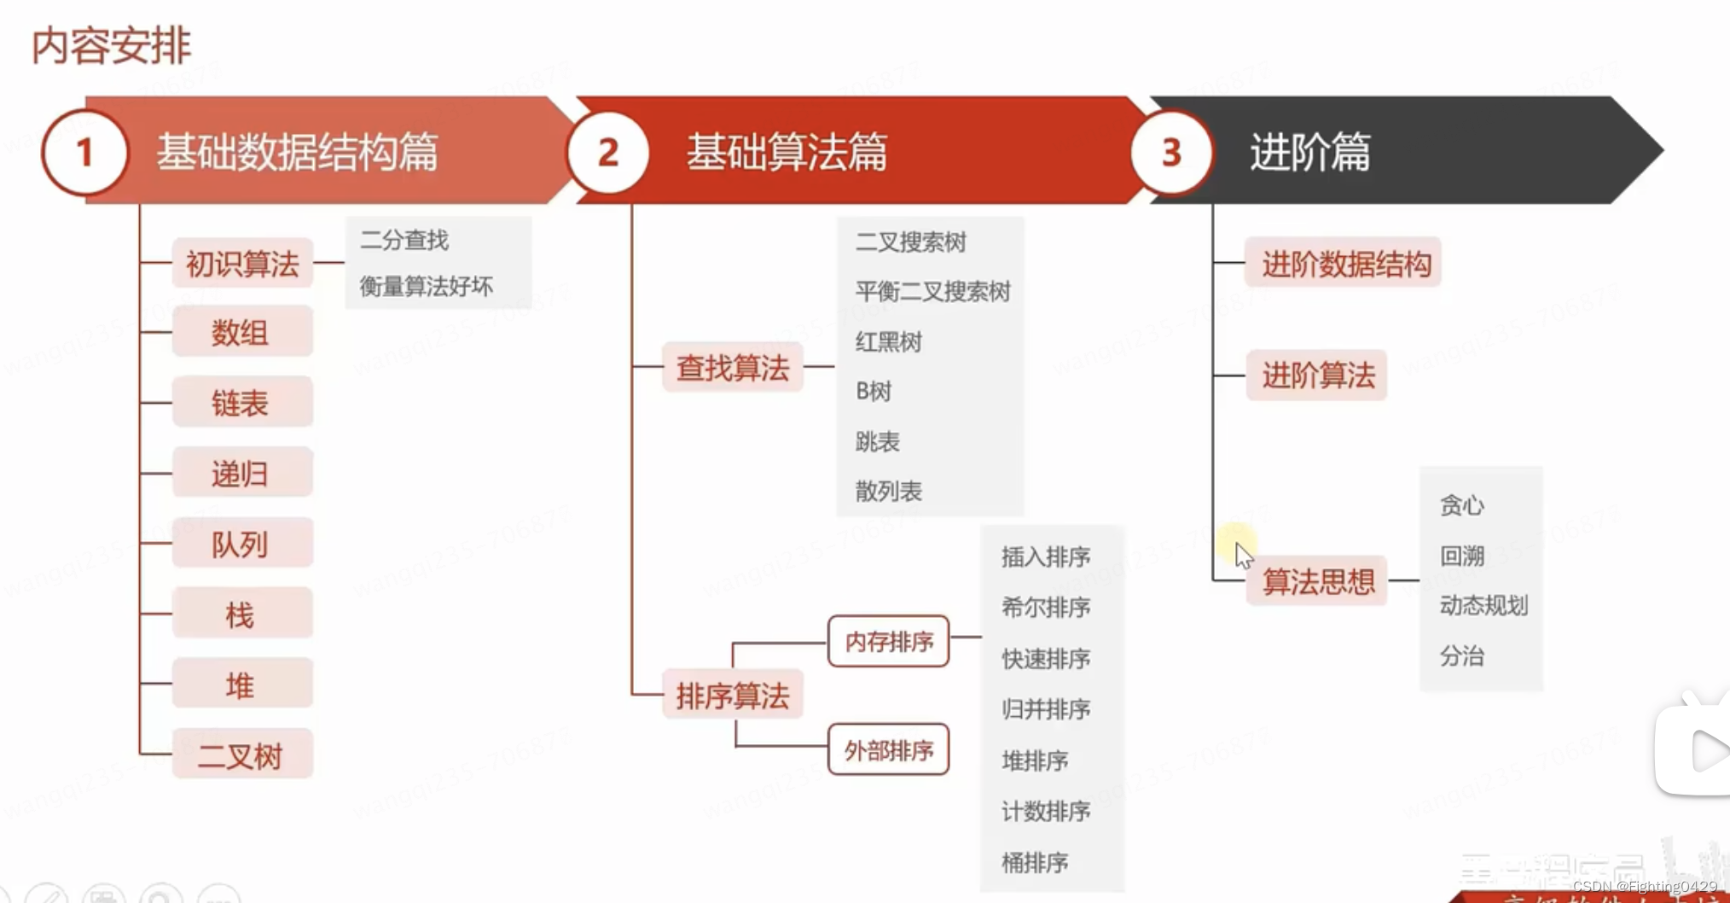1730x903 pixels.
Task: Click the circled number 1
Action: (84, 153)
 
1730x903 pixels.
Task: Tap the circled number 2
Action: (607, 153)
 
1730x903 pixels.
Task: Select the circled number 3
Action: (1170, 153)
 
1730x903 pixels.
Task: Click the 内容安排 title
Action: (111, 45)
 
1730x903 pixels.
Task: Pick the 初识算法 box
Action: (242, 264)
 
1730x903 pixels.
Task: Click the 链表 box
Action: (242, 403)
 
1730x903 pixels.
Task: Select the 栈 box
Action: (242, 615)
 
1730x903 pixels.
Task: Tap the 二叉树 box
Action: (242, 755)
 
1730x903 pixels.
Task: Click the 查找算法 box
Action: (733, 368)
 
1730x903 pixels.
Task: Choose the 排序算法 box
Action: (733, 696)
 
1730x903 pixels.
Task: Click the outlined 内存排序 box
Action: (888, 641)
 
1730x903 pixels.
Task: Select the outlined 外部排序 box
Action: (888, 750)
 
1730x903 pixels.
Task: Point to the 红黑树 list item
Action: (888, 342)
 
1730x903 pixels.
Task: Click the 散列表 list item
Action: (888, 492)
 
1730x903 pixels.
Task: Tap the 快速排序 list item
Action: (1046, 659)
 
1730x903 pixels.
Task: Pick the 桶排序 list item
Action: (1035, 863)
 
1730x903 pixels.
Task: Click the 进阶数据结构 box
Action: (1345, 264)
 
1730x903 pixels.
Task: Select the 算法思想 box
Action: (1317, 582)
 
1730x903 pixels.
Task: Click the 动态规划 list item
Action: (1483, 606)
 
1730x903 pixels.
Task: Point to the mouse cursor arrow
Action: (1243, 556)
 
